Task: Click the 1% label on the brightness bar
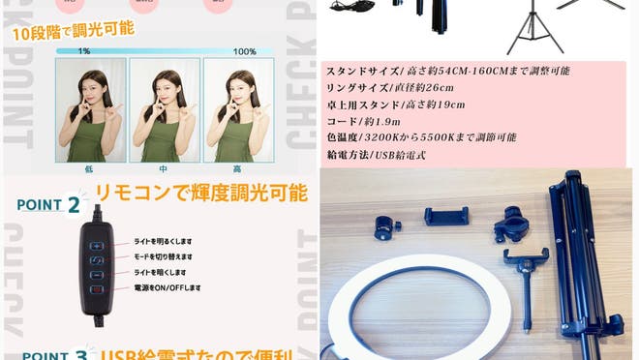(x=84, y=51)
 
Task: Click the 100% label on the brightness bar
(x=245, y=51)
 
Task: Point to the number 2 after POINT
(x=74, y=204)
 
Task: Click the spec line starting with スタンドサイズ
(x=448, y=72)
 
